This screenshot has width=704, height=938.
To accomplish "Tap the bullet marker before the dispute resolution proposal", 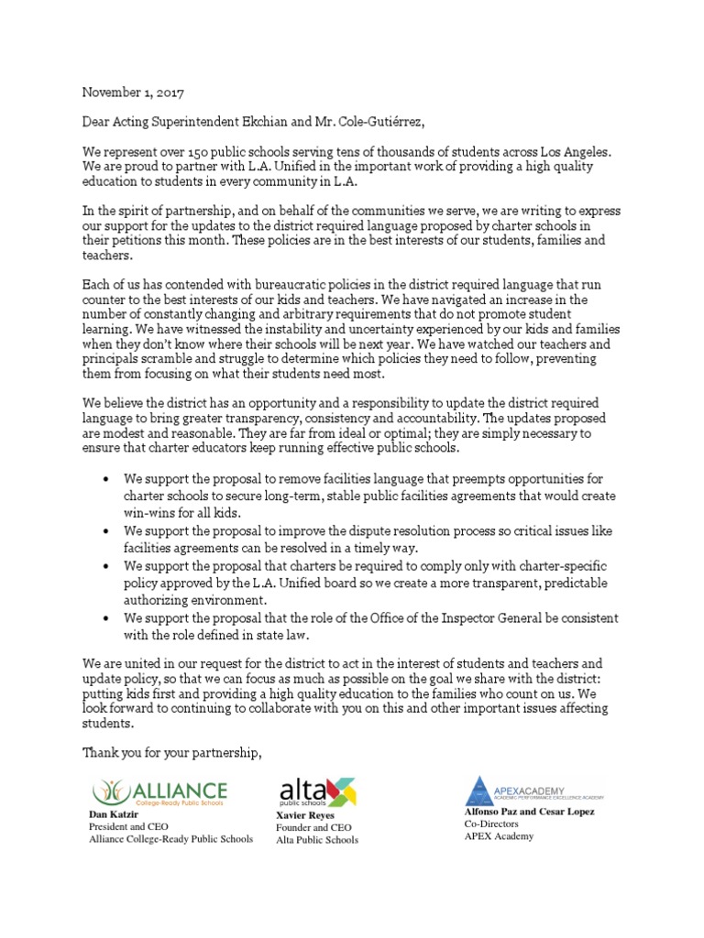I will click(x=107, y=531).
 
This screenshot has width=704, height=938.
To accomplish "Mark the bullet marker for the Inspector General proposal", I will click(x=107, y=618).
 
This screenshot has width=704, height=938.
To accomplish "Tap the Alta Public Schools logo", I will click(x=316, y=791).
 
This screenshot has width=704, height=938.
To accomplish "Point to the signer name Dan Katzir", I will click(x=112, y=813).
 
